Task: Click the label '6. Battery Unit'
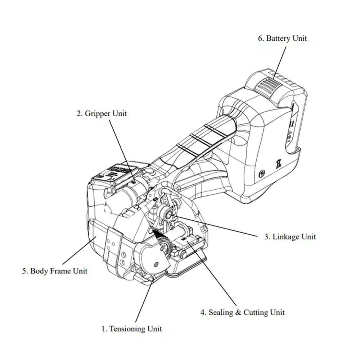tap(282, 39)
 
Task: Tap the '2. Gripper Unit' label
tap(102, 114)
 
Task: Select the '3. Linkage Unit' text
tap(290, 237)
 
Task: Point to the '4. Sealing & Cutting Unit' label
tap(243, 312)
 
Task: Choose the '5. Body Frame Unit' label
tap(55, 271)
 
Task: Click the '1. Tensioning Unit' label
tap(131, 329)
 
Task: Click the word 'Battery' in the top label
tap(278, 39)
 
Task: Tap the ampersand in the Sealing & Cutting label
tap(238, 312)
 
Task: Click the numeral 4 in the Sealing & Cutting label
tap(203, 312)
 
